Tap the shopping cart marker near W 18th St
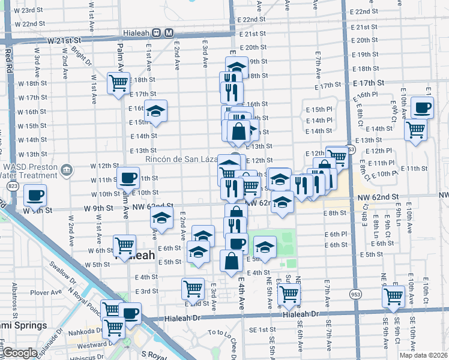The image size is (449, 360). (119, 83)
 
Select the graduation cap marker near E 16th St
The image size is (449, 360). (155, 111)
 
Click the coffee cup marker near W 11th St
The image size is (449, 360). (129, 178)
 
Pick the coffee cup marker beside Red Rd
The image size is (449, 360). (35, 196)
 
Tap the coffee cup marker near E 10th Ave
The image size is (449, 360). (422, 108)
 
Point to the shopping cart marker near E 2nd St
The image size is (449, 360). (193, 289)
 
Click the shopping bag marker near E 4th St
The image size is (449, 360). (232, 261)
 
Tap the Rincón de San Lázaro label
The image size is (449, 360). (181, 159)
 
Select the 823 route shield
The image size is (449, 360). (13, 187)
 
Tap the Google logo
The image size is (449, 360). (20, 353)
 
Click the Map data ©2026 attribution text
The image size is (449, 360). (423, 355)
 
